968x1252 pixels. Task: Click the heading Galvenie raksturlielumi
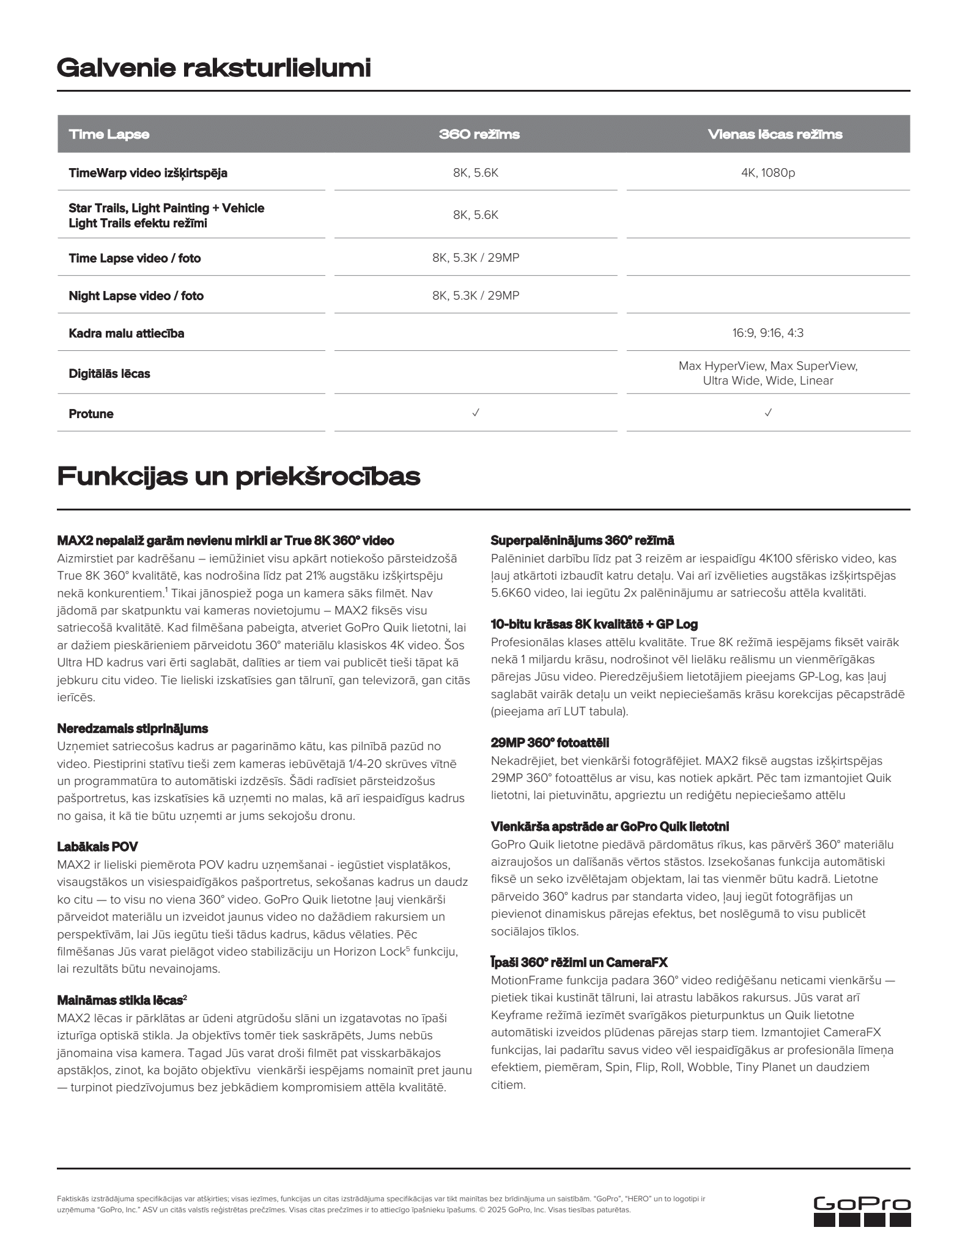(x=213, y=68)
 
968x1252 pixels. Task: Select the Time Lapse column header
(x=109, y=134)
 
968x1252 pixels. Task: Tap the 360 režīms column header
(x=479, y=134)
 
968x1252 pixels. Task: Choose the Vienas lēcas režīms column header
(x=774, y=134)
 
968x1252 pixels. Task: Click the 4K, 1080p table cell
(x=767, y=173)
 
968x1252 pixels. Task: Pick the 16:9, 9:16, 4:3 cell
(x=767, y=333)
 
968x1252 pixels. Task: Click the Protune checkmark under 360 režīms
(x=476, y=413)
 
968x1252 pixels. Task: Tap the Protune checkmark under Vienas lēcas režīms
(x=768, y=413)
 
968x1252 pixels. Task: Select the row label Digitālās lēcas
(x=109, y=374)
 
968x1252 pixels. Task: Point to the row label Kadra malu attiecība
(x=126, y=333)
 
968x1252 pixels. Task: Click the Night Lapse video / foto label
(x=136, y=296)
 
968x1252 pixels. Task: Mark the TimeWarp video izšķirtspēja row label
(x=147, y=173)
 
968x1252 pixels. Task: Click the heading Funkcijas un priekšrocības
(x=238, y=476)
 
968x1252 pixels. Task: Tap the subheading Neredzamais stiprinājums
(x=132, y=728)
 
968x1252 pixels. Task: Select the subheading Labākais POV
(x=97, y=847)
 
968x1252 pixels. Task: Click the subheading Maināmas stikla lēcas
(x=121, y=1000)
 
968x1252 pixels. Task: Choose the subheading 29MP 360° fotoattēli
(x=550, y=743)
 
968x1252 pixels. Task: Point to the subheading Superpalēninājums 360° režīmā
(x=582, y=540)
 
